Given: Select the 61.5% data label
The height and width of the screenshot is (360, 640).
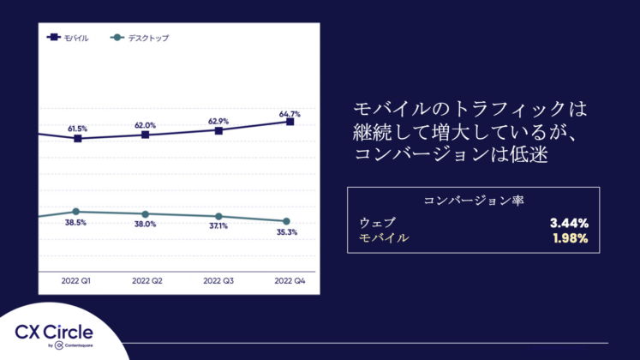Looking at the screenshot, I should point(78,129).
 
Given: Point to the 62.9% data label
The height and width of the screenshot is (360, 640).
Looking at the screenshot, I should point(218,122).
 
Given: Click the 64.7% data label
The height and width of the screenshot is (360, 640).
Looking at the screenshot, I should point(290,113).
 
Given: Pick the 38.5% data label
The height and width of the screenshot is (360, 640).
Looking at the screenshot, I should point(76,222).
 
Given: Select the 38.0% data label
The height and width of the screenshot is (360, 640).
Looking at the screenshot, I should point(145,224).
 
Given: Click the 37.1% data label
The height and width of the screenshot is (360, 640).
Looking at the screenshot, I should point(218,226).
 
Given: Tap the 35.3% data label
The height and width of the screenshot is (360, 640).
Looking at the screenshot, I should point(287,232).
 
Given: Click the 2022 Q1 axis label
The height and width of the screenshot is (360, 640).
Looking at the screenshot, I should point(76,280).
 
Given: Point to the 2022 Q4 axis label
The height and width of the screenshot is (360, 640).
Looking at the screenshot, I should point(289,280).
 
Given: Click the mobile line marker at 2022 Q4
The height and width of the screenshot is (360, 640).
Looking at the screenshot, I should point(290,123).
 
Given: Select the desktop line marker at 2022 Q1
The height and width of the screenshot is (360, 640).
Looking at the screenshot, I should point(76,212).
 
